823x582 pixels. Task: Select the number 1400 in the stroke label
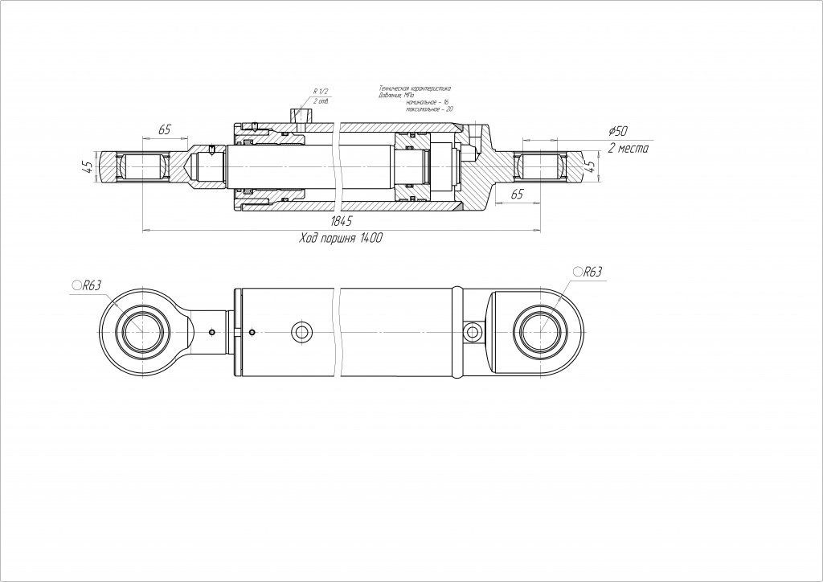[371, 239]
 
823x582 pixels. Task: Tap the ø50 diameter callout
[618, 131]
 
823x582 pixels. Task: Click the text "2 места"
[628, 149]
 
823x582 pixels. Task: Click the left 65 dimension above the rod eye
[165, 129]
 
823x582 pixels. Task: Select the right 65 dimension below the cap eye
[518, 195]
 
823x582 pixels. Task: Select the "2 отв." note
[323, 102]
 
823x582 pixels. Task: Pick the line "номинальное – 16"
[426, 101]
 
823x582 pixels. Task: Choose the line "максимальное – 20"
[428, 109]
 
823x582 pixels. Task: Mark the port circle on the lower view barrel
[303, 331]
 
